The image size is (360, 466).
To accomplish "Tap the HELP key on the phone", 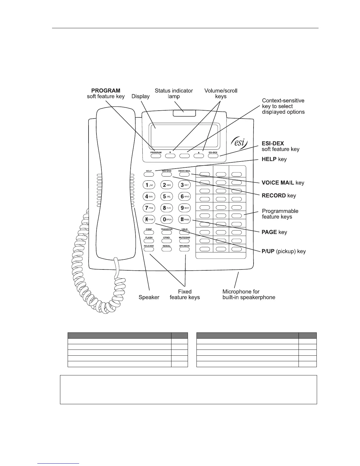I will (149, 174).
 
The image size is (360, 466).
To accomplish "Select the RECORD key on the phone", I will (166, 174).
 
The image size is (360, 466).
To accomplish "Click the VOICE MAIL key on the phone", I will (184, 174).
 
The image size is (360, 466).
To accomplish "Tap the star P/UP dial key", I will (149, 219).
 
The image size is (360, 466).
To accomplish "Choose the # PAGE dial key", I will (184, 219).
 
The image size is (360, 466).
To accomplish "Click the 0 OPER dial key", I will (166, 219).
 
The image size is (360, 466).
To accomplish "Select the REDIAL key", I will (166, 249).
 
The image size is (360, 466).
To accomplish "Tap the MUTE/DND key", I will (184, 241).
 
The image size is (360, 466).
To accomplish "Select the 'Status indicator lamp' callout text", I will (174, 94).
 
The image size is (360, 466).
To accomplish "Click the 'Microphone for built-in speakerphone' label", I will (249, 294).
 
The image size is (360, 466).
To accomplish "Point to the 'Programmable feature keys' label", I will (280, 214).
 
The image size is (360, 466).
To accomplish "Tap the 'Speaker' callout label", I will (149, 297).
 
